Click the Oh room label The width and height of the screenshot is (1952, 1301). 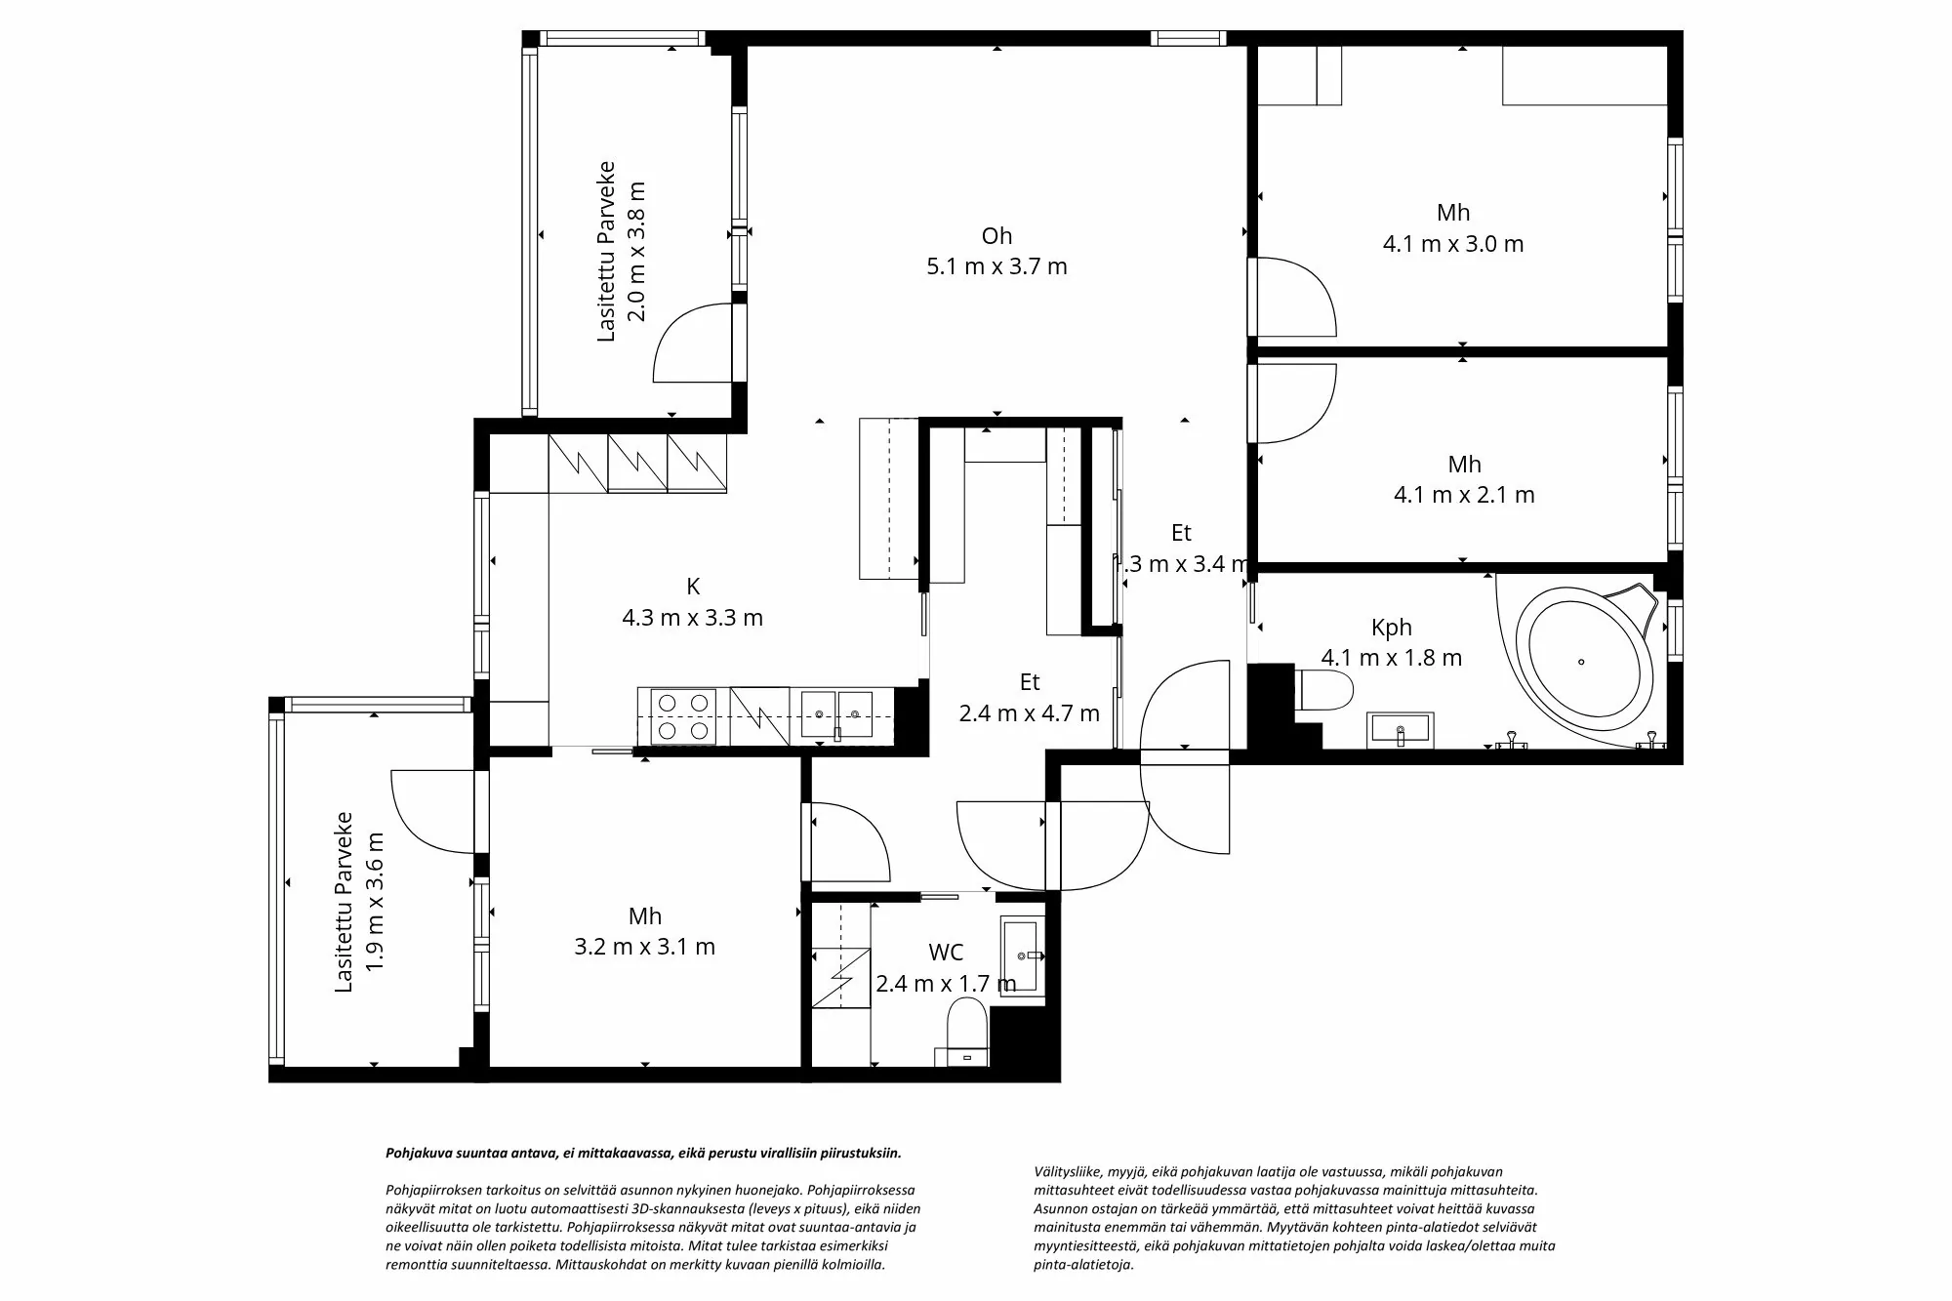(x=996, y=235)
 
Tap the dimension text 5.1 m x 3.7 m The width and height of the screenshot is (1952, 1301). (x=996, y=266)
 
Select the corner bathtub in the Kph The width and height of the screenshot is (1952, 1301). (x=1581, y=664)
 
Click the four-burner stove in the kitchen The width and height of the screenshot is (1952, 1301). (x=676, y=715)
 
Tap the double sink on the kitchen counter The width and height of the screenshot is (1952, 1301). (x=836, y=714)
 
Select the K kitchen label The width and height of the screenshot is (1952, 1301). (x=693, y=587)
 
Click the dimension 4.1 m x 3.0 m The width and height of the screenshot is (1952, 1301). (x=1452, y=244)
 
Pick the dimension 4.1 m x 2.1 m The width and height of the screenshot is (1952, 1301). (x=1464, y=495)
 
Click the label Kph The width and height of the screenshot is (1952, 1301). (x=1391, y=628)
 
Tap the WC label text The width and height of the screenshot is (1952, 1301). (x=946, y=953)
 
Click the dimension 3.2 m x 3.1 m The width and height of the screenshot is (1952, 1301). (x=644, y=947)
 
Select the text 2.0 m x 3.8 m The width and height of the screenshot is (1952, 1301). (x=635, y=251)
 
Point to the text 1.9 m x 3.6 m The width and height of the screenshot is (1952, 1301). (x=374, y=901)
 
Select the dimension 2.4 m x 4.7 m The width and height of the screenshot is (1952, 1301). (x=1029, y=713)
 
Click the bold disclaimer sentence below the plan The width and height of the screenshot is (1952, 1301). (x=643, y=1153)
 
